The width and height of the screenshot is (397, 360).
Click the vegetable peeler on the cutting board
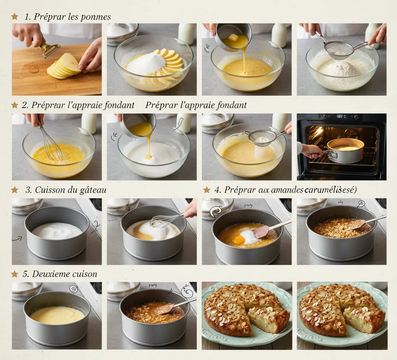tap(50, 50)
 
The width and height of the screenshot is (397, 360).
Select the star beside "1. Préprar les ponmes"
tap(15, 16)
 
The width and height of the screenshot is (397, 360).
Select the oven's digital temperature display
tap(342, 116)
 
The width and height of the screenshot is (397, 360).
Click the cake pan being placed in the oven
tap(345, 151)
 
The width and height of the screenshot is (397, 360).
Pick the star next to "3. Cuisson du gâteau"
tap(15, 190)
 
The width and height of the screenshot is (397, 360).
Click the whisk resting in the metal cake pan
tap(165, 220)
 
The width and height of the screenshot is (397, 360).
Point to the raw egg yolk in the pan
tap(239, 240)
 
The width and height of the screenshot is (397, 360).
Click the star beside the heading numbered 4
tap(207, 190)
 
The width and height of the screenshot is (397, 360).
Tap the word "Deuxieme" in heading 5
tap(51, 274)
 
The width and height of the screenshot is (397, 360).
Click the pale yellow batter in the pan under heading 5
tap(57, 315)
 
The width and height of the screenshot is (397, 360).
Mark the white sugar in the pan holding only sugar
tap(57, 230)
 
